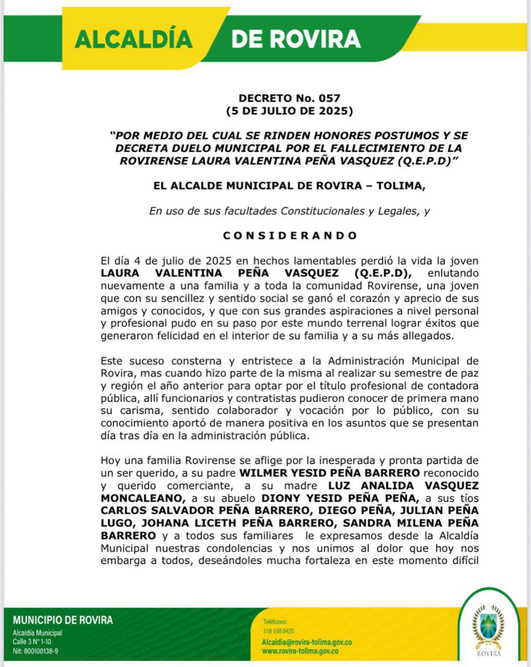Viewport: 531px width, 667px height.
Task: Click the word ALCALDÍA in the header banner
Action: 134,39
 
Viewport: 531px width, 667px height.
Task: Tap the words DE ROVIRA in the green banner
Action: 295,39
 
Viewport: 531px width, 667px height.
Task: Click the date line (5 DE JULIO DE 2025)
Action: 289,110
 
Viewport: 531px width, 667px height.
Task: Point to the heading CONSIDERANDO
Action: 290,236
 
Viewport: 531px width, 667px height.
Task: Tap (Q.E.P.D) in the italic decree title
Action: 427,161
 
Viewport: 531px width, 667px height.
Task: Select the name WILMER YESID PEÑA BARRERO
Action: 329,473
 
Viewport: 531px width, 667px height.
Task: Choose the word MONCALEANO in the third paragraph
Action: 141,498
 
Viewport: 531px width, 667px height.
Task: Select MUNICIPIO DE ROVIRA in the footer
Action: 63,620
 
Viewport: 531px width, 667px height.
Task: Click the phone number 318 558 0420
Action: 279,631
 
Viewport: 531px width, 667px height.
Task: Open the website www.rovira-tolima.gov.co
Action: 300,651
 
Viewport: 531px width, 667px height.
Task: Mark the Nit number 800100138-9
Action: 35,651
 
